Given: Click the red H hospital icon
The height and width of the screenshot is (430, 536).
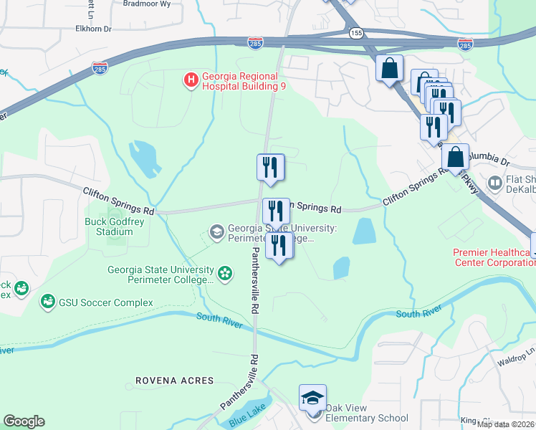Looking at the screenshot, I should tap(191, 79).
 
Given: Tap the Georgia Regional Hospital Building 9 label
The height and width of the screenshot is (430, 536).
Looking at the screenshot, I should tap(244, 79).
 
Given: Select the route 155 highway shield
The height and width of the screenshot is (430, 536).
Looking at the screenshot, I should tap(356, 33).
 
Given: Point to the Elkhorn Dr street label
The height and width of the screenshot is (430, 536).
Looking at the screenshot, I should tap(94, 29).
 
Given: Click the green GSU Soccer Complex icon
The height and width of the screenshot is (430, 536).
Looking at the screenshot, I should tap(48, 302).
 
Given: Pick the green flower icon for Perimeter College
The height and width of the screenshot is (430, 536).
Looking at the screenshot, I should tap(225, 274).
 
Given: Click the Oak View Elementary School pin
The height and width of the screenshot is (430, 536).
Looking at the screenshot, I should tap(313, 398).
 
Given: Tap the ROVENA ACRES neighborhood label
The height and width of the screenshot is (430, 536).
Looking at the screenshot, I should tap(175, 380).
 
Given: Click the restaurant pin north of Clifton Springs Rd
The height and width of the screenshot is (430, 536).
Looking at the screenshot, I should tap(271, 168).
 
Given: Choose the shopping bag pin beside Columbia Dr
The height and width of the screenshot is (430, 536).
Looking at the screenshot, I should tap(455, 157).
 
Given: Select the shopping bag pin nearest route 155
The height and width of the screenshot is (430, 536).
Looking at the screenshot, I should tap(389, 69).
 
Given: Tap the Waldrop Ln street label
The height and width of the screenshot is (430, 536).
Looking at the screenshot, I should tap(514, 352).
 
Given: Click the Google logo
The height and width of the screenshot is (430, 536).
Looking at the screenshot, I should tap(24, 421).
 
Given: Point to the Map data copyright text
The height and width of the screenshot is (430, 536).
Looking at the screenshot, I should tap(505, 424).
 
